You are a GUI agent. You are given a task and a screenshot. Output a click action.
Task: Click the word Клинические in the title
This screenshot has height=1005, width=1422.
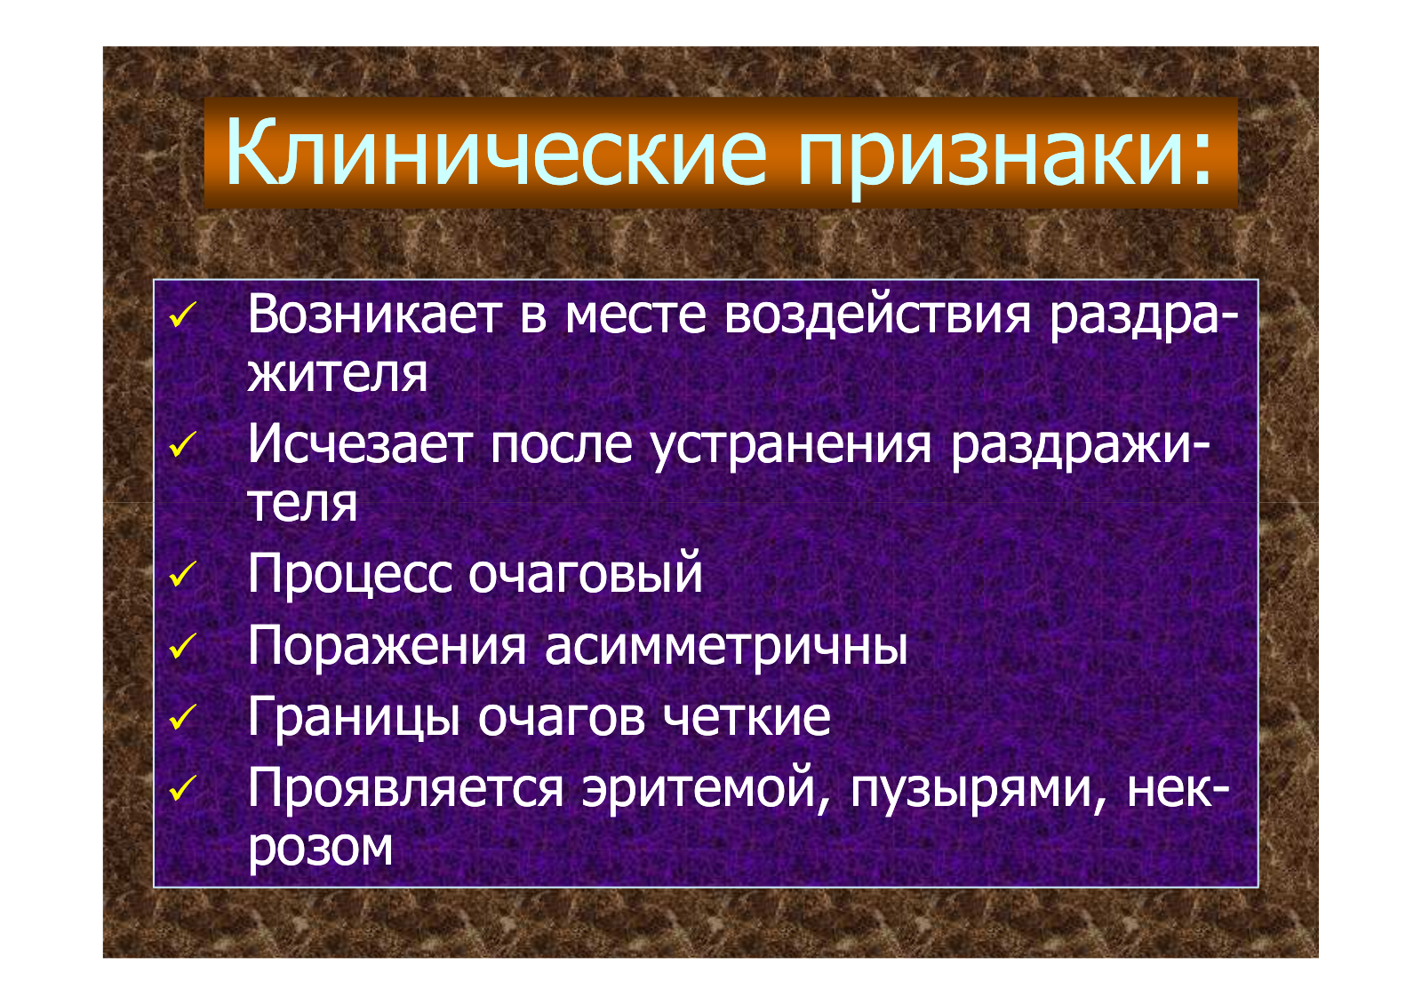click(496, 152)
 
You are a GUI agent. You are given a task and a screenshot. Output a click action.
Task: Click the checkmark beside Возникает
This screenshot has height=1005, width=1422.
click(183, 315)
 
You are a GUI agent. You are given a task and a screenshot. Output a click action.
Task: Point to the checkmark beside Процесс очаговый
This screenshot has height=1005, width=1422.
click(183, 574)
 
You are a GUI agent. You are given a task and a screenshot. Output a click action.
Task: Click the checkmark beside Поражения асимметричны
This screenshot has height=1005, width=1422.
click(183, 646)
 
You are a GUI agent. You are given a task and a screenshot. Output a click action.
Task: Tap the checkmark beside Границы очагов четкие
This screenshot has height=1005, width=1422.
click(183, 717)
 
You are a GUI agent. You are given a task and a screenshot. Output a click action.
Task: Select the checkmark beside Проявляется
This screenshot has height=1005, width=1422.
click(183, 788)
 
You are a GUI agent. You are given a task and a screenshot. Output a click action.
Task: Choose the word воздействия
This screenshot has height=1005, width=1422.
click(877, 315)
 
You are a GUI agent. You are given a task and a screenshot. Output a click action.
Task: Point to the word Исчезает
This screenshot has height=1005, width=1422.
click(360, 443)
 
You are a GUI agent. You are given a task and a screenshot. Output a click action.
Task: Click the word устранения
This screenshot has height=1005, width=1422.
click(791, 447)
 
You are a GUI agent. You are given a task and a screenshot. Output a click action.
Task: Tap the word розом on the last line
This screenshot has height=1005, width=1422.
click(320, 850)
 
